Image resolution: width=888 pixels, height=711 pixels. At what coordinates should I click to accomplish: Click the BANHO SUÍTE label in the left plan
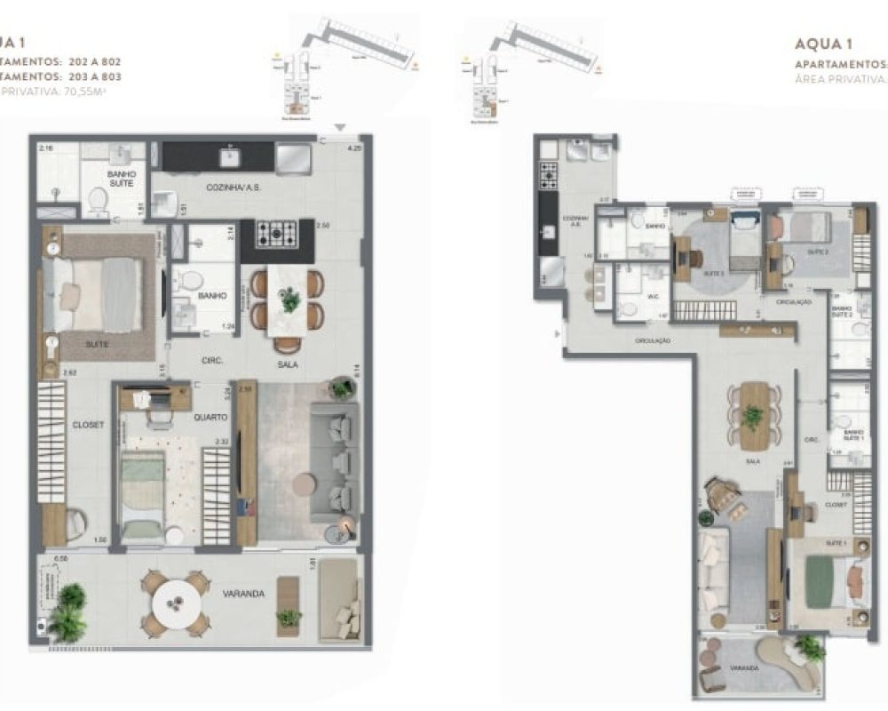click(x=121, y=178)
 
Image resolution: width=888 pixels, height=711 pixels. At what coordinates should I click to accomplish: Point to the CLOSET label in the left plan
click(x=88, y=425)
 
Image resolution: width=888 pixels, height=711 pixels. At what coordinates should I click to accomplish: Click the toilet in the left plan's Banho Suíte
click(x=97, y=201)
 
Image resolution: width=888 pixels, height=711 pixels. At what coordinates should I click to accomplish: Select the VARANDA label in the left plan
click(x=243, y=594)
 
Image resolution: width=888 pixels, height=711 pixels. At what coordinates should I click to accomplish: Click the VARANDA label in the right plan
click(x=743, y=667)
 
